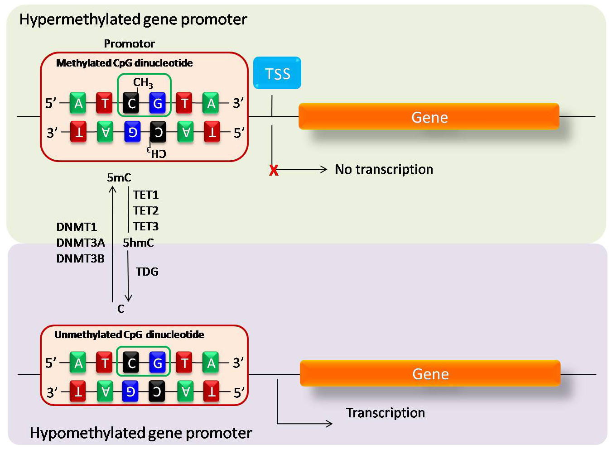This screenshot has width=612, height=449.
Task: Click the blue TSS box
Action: point(277,73)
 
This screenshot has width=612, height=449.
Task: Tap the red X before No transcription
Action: point(274,170)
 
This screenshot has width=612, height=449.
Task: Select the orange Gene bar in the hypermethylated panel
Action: point(429,117)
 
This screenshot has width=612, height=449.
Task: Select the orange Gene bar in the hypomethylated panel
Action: point(430,373)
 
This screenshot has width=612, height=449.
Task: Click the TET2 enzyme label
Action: point(146,210)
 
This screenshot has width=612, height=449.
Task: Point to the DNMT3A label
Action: point(81,243)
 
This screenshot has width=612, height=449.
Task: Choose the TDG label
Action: point(147,272)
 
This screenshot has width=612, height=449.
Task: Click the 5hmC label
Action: point(138,243)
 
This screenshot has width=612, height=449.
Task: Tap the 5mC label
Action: point(119,177)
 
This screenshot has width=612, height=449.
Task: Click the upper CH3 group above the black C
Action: point(143,82)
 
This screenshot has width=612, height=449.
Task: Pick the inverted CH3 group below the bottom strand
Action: point(157,153)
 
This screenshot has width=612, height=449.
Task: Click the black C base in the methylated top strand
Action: point(131,104)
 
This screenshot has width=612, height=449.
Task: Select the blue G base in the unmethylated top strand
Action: point(158,363)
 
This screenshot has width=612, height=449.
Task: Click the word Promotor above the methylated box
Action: point(129,43)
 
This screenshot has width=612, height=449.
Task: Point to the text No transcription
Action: point(384,169)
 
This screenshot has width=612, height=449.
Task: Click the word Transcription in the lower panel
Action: point(386,413)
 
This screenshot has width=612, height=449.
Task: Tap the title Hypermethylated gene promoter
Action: point(133,19)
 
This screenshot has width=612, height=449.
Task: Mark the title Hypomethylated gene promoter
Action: point(141,433)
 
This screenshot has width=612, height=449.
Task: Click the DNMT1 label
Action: point(77,227)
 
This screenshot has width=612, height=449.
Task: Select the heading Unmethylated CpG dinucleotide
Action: point(129,334)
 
